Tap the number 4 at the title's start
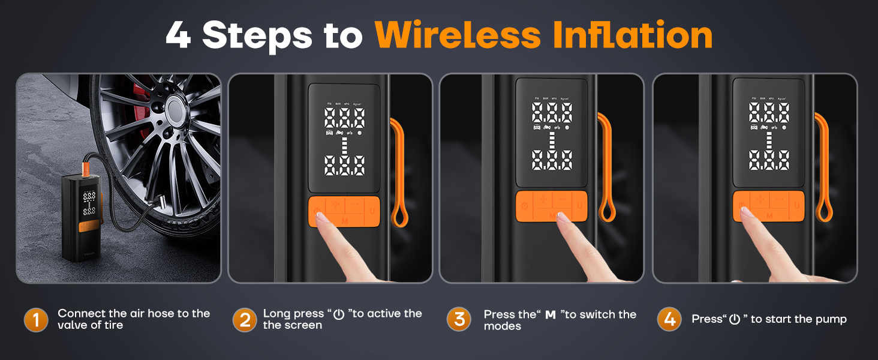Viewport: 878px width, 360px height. pyautogui.click(x=178, y=36)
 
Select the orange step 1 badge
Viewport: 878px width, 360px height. pyautogui.click(x=36, y=320)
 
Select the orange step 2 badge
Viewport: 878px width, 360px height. pyautogui.click(x=244, y=320)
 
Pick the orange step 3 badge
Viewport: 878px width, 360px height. pyautogui.click(x=459, y=320)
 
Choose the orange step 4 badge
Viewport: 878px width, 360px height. pyautogui.click(x=669, y=320)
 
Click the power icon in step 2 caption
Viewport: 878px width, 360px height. pyautogui.click(x=339, y=314)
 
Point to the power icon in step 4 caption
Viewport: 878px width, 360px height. pyautogui.click(x=734, y=320)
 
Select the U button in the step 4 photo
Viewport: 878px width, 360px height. pyautogui.click(x=797, y=206)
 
